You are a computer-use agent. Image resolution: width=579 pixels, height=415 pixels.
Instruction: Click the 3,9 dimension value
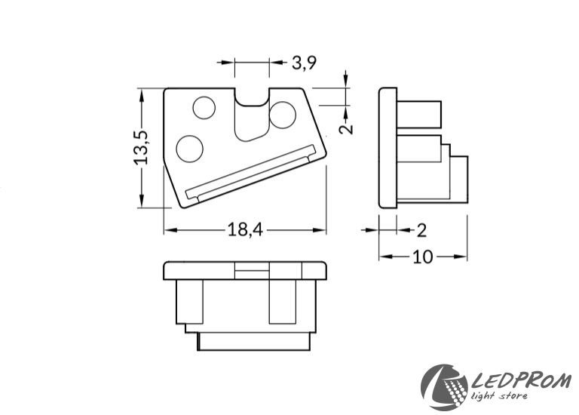tap(305, 63)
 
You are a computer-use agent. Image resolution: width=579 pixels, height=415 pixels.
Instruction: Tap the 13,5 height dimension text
tap(141, 147)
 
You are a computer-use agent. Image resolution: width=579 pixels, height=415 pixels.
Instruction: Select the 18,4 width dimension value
tap(245, 229)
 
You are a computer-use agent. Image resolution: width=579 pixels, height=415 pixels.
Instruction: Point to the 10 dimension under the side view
tap(422, 257)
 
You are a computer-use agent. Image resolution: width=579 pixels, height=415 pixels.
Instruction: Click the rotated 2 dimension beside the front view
tap(346, 128)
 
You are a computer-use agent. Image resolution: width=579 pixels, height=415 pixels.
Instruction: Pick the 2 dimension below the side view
tap(421, 230)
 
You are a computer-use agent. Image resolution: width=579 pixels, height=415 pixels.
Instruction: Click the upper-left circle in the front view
tap(204, 108)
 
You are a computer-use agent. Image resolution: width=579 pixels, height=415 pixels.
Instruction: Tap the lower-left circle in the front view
tap(190, 149)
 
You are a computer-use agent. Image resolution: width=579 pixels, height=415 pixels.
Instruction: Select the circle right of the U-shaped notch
tap(283, 115)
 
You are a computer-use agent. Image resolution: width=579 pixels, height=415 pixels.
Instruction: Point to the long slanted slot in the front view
tap(252, 172)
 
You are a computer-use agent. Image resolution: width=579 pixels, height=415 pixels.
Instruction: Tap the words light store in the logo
tap(499, 396)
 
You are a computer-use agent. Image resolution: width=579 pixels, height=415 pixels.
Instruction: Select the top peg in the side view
tap(419, 114)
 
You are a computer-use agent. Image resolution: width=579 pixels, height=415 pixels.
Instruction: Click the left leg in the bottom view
tap(190, 302)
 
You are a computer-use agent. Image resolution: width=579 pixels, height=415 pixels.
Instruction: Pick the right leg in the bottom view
tap(283, 302)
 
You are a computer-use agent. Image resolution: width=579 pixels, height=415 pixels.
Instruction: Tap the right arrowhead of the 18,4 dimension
tap(320, 230)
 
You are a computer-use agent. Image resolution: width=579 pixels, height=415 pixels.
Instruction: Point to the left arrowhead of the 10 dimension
tap(385, 257)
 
